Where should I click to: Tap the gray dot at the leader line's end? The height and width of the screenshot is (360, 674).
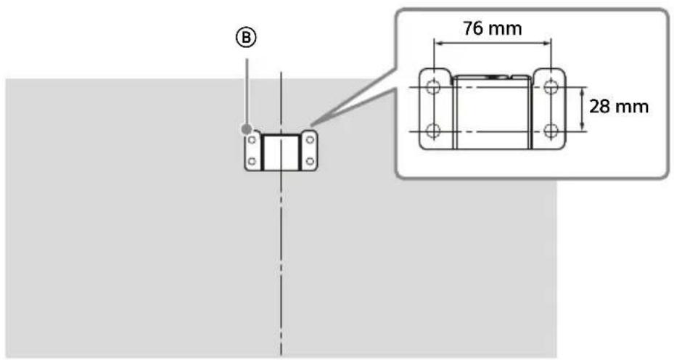coord(247,128)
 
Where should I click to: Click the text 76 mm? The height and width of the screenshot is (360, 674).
coord(493,30)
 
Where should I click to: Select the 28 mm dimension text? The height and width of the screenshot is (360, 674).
coord(619,107)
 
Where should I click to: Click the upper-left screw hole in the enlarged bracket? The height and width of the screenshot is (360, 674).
coord(433,87)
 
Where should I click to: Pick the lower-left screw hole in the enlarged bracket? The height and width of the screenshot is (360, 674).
coord(433,131)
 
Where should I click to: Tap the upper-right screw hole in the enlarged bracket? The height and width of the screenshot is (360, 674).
coord(551,87)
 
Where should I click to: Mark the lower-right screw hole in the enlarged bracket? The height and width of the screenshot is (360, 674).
coord(551,131)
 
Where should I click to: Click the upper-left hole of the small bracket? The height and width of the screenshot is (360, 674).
coord(252,141)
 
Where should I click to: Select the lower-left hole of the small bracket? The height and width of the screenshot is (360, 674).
coord(252,160)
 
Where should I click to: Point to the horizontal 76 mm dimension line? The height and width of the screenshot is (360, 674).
coord(493,44)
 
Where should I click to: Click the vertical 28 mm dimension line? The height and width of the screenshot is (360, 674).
coord(582,109)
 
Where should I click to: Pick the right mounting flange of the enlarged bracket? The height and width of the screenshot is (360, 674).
coord(549,109)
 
